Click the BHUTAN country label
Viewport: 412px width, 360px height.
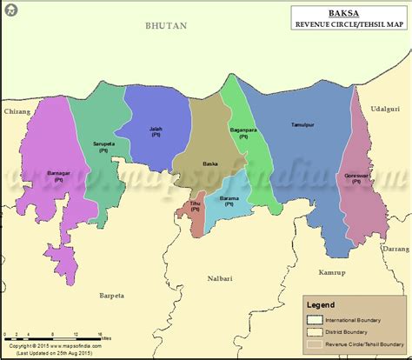(166, 27)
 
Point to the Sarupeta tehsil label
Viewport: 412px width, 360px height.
(104, 146)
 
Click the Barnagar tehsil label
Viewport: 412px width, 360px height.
(59, 176)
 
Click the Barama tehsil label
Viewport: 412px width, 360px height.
(230, 199)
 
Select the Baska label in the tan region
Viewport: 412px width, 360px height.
(209, 163)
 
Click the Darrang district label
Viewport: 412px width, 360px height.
(394, 249)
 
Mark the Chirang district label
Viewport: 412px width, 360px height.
(17, 112)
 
